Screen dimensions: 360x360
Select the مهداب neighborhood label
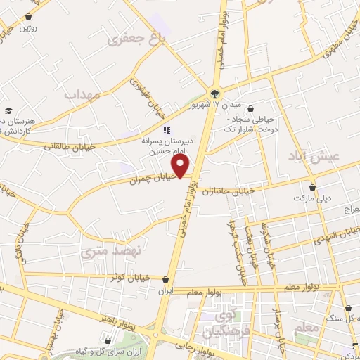coord(83,94)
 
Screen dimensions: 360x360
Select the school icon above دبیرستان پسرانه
coord(167,130)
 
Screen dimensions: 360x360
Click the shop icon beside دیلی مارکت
coord(312,187)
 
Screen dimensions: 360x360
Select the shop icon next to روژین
coord(28,16)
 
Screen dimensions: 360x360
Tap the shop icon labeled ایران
coord(165,279)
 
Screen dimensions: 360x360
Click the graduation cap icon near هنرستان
coord(8,110)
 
